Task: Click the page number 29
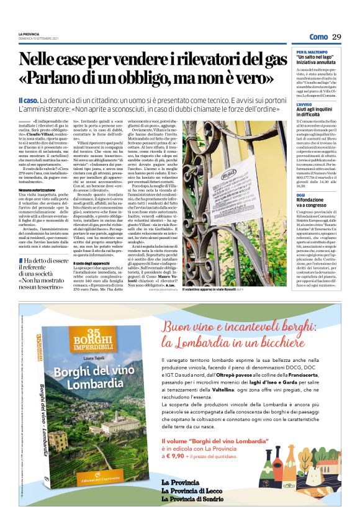coord(336,37)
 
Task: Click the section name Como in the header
coord(317,37)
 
